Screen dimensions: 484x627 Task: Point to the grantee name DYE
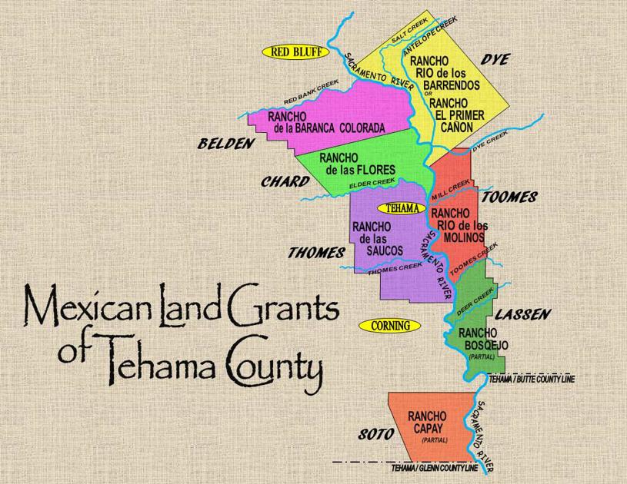(x=495, y=60)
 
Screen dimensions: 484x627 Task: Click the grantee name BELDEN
(x=225, y=144)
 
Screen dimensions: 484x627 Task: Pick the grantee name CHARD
(x=285, y=182)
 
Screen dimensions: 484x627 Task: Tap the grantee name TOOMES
(x=509, y=197)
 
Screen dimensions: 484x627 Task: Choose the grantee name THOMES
(x=316, y=252)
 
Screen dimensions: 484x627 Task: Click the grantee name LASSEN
(x=522, y=314)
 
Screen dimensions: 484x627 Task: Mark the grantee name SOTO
(x=376, y=435)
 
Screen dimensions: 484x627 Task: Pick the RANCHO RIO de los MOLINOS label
(x=459, y=224)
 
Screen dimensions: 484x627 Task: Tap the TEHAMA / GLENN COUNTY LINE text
(x=435, y=468)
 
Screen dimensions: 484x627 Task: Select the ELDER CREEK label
(x=372, y=183)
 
